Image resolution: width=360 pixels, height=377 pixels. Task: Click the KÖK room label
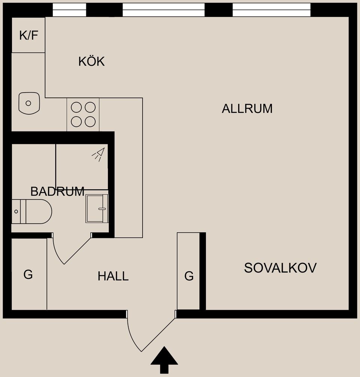point(91,61)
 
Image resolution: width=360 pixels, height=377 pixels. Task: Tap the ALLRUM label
point(247,109)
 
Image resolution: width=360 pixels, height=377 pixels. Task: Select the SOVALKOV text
point(280,268)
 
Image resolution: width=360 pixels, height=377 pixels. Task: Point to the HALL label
point(113,277)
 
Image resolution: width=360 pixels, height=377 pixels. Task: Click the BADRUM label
point(57,191)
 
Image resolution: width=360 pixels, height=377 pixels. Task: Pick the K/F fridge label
point(29,36)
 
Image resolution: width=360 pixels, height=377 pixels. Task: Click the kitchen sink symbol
point(29,103)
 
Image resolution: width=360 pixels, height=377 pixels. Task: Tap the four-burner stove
point(83,114)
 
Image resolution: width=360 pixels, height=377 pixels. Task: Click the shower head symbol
point(99,154)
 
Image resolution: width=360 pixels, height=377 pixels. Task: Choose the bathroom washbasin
point(97,208)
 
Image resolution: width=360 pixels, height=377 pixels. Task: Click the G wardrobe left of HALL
point(28,275)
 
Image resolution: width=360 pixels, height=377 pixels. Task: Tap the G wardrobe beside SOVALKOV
point(189,276)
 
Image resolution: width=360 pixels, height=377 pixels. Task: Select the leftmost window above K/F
point(69,10)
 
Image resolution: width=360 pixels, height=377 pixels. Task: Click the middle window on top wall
point(163,10)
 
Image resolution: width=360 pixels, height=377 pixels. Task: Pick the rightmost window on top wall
point(271,10)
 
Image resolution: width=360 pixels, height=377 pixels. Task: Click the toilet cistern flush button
point(16,212)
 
